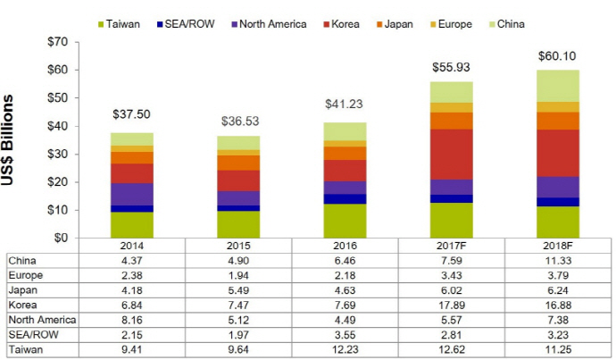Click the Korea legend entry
point(344,23)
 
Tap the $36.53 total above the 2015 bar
point(237,121)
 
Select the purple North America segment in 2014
point(131,194)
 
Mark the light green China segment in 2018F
point(557,86)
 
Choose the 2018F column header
point(557,246)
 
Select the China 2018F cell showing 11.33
point(557,260)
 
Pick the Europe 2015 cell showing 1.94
point(237,275)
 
